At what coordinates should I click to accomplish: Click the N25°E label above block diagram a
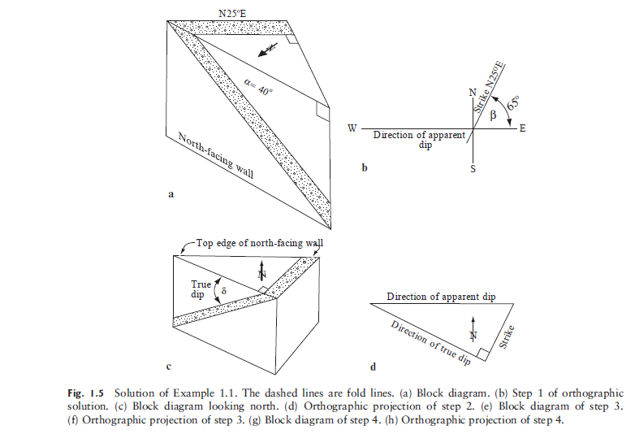[x=235, y=12]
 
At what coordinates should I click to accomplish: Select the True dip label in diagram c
[x=201, y=289]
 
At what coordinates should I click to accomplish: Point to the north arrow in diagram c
[x=261, y=272]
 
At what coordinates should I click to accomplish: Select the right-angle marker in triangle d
[x=482, y=354]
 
